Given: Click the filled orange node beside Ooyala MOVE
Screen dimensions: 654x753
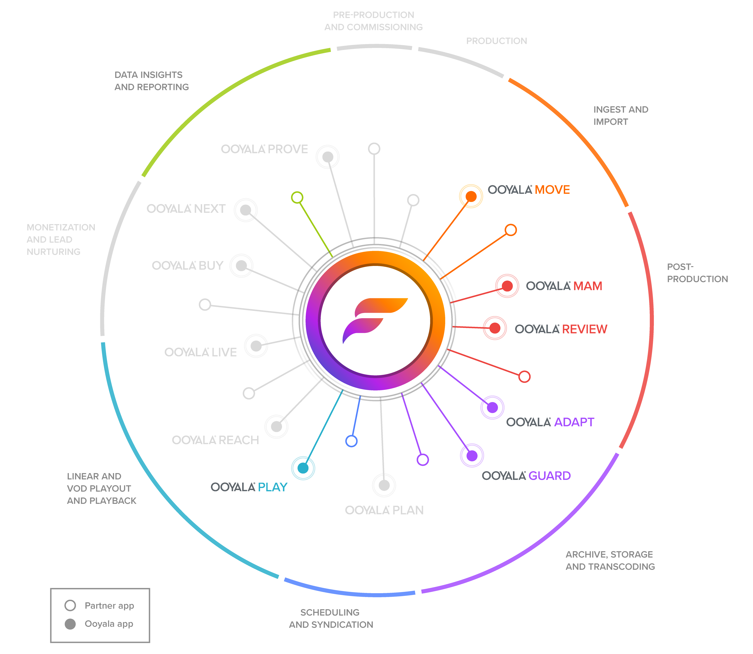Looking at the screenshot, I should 471,196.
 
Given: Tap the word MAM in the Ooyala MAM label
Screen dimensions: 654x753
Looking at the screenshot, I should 588,286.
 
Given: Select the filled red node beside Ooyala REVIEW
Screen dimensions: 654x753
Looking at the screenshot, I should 495,328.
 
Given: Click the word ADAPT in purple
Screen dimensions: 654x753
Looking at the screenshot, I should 574,422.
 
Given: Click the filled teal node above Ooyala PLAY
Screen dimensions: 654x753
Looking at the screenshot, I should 303,468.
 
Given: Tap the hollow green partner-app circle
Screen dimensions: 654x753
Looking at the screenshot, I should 297,197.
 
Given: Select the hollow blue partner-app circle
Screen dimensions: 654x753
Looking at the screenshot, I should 351,441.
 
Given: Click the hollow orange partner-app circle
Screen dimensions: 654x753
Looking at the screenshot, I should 511,230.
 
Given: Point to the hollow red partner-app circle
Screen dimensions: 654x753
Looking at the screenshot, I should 524,377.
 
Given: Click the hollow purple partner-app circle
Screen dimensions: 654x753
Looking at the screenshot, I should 423,460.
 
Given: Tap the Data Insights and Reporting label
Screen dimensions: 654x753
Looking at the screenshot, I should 152,81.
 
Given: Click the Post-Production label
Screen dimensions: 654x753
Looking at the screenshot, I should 697,273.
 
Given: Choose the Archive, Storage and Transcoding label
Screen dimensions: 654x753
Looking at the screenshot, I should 610,561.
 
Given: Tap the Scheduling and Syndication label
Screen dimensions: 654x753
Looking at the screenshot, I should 331,618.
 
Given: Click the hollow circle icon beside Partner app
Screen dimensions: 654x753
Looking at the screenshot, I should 70,605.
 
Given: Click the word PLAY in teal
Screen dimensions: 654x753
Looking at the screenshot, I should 273,487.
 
